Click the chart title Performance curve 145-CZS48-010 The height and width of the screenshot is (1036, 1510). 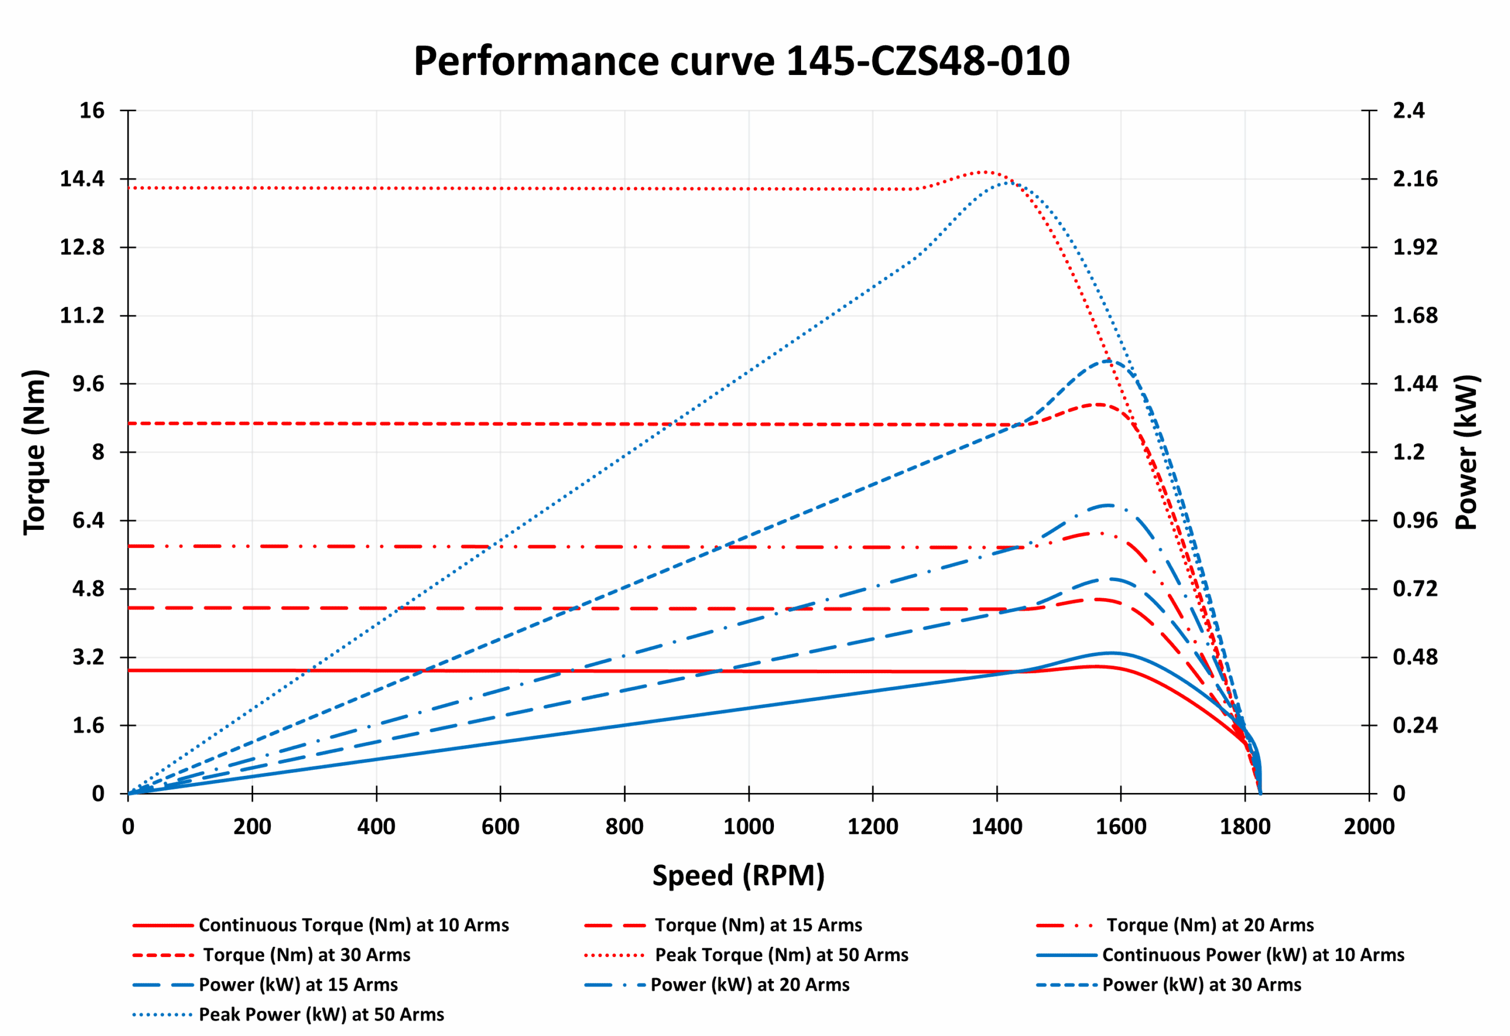coord(741,61)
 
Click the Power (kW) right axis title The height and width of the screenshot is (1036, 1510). coord(1466,453)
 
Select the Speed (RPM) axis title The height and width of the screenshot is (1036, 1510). coord(738,876)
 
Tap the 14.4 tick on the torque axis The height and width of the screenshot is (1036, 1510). coord(83,179)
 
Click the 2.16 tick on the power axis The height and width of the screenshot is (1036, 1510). coord(1415,179)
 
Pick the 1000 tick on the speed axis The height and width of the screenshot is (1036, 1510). coord(749,827)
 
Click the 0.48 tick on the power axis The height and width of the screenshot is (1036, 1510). coord(1415,657)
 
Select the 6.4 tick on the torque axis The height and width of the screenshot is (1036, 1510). coord(88,520)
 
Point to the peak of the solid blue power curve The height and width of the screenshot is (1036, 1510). coord(1112,653)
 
